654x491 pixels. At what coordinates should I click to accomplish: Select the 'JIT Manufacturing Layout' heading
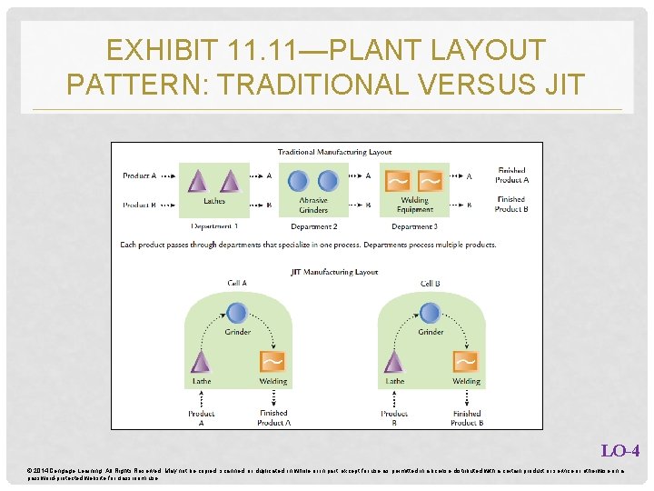pos(334,271)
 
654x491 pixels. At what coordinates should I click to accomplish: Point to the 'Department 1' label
pos(214,225)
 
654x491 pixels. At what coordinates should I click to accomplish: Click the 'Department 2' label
pos(314,225)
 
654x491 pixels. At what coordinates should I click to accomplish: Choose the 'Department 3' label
pos(414,225)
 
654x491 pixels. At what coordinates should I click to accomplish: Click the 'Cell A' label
pos(237,284)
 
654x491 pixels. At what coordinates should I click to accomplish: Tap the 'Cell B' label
pos(431,284)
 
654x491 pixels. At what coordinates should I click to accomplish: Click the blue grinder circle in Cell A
pos(237,314)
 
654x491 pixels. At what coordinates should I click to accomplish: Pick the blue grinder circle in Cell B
pos(431,314)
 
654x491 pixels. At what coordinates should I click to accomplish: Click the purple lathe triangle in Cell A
pos(202,362)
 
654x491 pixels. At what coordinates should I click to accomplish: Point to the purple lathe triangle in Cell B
pos(394,362)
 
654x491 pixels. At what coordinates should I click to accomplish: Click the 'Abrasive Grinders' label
pos(314,205)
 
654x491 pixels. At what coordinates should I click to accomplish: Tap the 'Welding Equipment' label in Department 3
pos(415,205)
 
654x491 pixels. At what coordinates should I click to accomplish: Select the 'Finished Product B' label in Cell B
pos(465,417)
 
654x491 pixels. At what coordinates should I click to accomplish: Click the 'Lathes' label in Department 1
pos(214,201)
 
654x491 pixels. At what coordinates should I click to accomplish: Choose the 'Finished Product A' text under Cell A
pos(272,417)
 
